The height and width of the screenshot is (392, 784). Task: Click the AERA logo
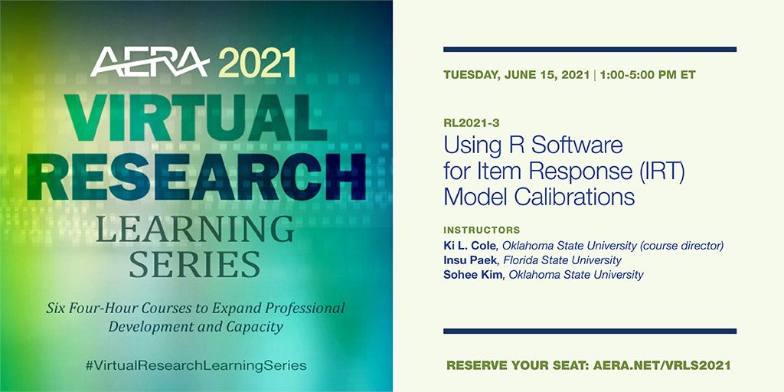pos(149,64)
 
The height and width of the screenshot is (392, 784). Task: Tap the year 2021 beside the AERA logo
pos(256,64)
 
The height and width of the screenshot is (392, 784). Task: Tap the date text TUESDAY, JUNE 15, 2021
pos(517,76)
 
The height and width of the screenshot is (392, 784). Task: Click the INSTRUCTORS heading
pos(482,230)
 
